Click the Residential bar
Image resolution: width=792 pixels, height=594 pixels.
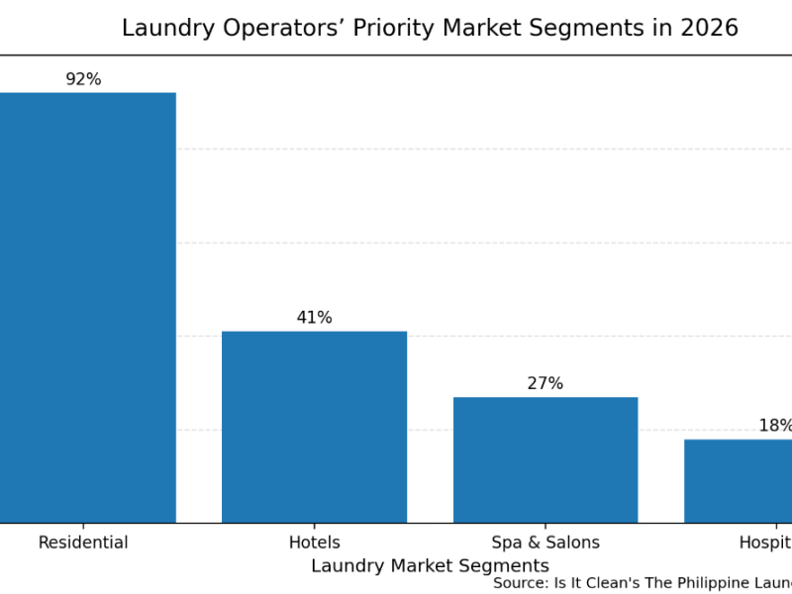(87, 307)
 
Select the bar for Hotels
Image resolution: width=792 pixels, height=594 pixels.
(314, 427)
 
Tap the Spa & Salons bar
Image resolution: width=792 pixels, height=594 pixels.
(545, 459)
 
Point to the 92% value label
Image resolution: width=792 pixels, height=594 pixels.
(83, 79)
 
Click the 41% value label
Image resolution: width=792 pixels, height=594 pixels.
(314, 318)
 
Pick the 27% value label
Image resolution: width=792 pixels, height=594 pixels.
(544, 383)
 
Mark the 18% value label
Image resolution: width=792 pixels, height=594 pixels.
(775, 426)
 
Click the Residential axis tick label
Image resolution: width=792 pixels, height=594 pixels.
(83, 543)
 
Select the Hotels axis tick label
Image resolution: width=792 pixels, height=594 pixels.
(314, 543)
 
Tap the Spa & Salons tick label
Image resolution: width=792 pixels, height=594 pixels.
(545, 543)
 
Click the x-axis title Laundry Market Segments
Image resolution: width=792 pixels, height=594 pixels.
(430, 566)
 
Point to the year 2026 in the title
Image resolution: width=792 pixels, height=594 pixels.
(709, 29)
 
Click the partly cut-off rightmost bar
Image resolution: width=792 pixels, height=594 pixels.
(739, 481)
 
